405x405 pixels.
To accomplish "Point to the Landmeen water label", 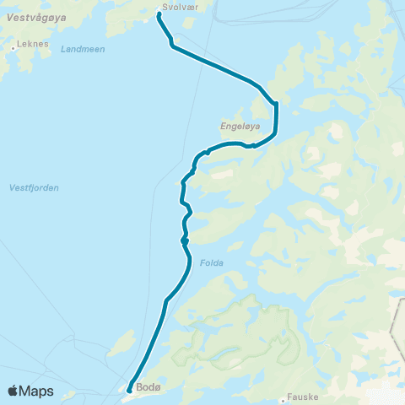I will [x=83, y=49].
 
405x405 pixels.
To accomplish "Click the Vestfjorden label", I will [x=34, y=187].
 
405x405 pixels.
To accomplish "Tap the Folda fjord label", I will [x=212, y=262].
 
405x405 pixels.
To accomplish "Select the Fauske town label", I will [x=301, y=394].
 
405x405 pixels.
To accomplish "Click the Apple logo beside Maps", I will [x=13, y=391].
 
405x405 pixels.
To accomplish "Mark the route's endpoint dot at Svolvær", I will [x=159, y=13].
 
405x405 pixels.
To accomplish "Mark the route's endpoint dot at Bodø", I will [x=129, y=389].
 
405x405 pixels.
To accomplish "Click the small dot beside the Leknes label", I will [x=13, y=48].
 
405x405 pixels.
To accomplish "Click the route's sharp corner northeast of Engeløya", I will [x=276, y=103].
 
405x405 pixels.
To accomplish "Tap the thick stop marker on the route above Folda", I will [x=184, y=241].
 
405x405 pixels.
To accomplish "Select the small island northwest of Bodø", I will [x=123, y=343].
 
